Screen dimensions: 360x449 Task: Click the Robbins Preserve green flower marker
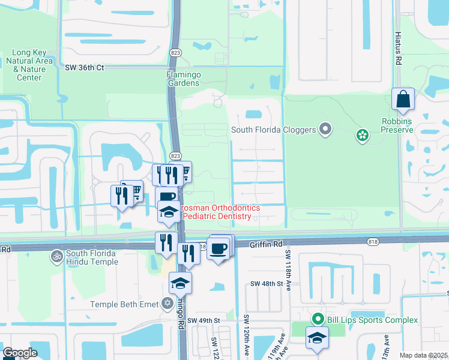click(x=362, y=135)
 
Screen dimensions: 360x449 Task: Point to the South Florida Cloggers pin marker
click(x=326, y=129)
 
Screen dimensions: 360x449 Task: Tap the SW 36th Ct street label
click(x=85, y=68)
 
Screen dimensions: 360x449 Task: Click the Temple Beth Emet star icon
click(x=167, y=304)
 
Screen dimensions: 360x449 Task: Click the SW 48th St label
click(x=266, y=283)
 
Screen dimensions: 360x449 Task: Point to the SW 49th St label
click(x=203, y=321)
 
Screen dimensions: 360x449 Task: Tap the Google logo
click(x=20, y=353)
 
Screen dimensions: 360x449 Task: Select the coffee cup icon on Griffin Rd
click(x=218, y=247)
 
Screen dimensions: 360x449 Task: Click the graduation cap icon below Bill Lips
click(x=317, y=338)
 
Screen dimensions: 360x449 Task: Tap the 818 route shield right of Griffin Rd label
click(x=372, y=241)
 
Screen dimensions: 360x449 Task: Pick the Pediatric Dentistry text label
click(x=221, y=216)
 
